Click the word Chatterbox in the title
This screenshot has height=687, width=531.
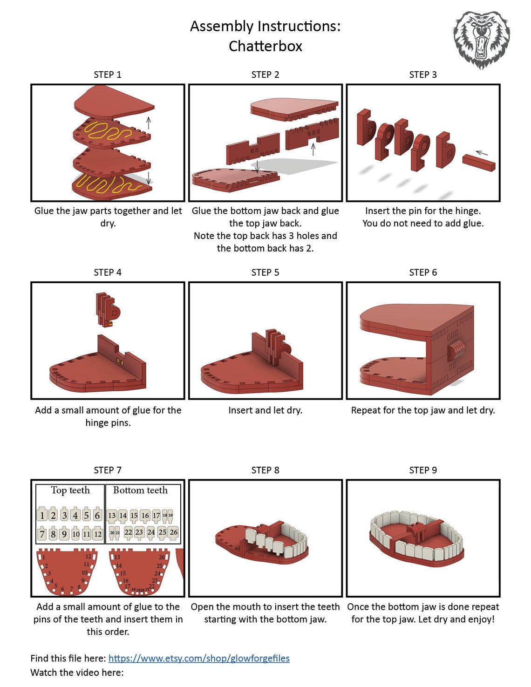(x=265, y=46)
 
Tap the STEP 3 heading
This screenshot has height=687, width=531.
(x=422, y=75)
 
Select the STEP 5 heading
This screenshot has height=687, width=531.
(x=265, y=272)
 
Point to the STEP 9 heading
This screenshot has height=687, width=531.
(x=422, y=470)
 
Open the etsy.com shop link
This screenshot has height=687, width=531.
(x=199, y=658)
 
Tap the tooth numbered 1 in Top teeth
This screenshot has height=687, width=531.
(x=42, y=515)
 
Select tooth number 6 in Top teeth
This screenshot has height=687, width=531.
(x=97, y=515)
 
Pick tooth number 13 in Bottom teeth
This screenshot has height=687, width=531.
(x=112, y=515)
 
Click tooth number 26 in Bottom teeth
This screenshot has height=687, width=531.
(x=173, y=532)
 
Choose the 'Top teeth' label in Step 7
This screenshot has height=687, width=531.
(x=70, y=490)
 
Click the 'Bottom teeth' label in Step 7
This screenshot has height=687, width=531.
(x=140, y=490)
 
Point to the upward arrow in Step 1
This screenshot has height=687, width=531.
(x=149, y=122)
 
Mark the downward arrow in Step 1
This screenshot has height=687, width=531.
(x=149, y=178)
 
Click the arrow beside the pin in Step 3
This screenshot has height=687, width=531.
(x=482, y=152)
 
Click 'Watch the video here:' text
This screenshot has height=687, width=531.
(x=77, y=672)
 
